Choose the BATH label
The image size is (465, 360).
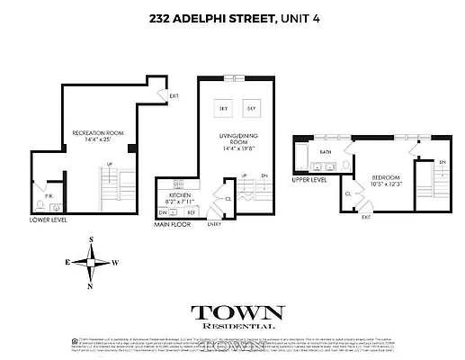click(x=326, y=153)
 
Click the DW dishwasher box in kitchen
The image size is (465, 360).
click(x=164, y=212)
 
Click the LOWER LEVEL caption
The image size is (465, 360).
click(x=47, y=220)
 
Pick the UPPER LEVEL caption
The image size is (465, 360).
click(x=309, y=179)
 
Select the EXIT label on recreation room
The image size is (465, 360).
click(x=174, y=95)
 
